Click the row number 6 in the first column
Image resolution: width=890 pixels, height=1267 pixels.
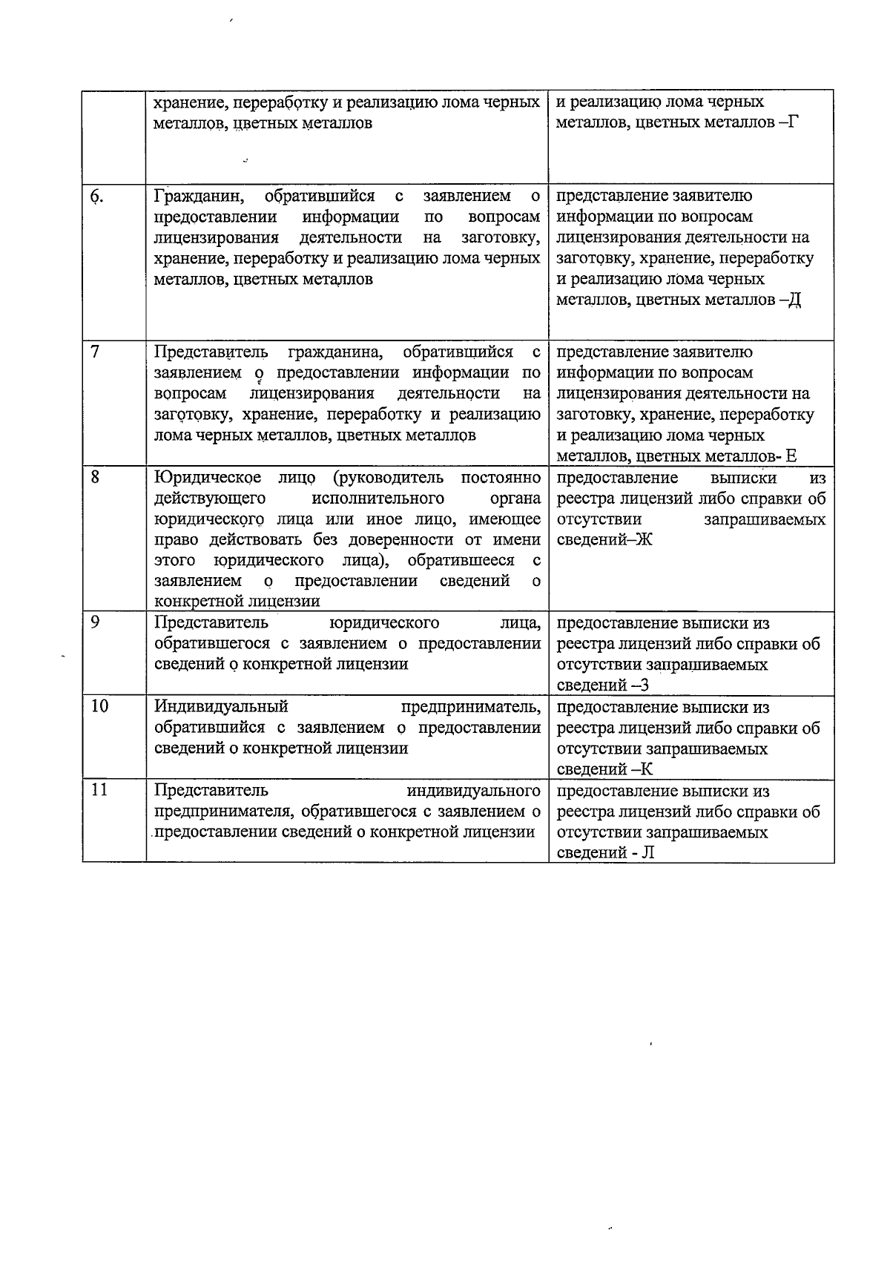click(x=96, y=197)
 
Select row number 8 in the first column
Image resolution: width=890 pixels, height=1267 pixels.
click(x=96, y=477)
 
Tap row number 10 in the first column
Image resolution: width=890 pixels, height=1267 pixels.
click(x=99, y=706)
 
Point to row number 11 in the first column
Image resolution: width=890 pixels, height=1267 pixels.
click(x=99, y=790)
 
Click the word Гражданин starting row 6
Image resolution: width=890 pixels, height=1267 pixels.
click(x=199, y=197)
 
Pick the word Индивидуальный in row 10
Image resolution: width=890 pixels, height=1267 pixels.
click(x=221, y=706)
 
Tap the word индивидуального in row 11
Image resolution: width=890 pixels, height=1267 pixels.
click(x=474, y=790)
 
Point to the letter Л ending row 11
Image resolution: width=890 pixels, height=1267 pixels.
click(x=647, y=852)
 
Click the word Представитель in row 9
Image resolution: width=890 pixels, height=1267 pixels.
click(x=211, y=622)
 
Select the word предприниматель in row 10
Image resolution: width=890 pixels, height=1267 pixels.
click(x=470, y=706)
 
